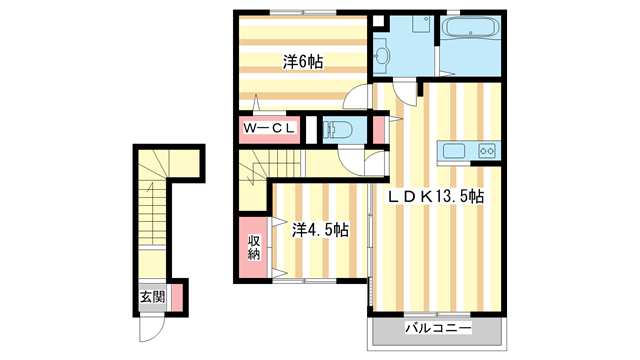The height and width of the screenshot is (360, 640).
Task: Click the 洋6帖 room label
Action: pyautogui.click(x=303, y=61)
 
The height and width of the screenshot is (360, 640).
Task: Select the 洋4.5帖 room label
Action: pyautogui.click(x=320, y=230)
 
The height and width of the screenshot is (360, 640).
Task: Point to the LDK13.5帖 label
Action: pyautogui.click(x=435, y=197)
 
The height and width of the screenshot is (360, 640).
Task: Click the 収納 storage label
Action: pyautogui.click(x=254, y=246)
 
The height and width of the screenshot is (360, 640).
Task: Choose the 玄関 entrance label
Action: pyautogui.click(x=152, y=296)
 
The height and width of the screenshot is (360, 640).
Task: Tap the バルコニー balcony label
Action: pyautogui.click(x=437, y=328)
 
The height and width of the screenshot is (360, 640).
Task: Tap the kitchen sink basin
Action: pyautogui.click(x=452, y=151)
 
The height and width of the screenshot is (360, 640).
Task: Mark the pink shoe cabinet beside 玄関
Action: pyautogui.click(x=176, y=297)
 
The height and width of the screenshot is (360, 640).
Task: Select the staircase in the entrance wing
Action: pyautogui.click(x=155, y=210)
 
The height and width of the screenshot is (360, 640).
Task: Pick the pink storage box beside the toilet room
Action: pyautogui.click(x=379, y=129)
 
